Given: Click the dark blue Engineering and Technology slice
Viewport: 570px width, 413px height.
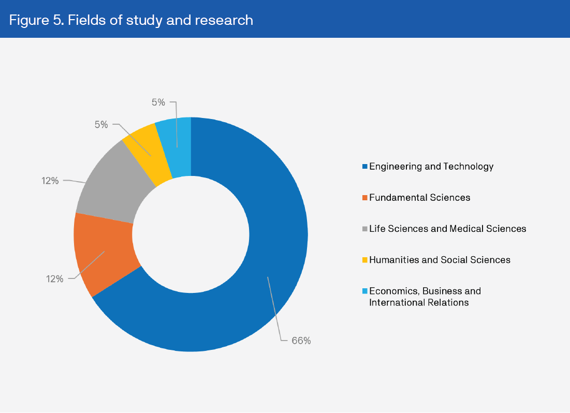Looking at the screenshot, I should point(269,233).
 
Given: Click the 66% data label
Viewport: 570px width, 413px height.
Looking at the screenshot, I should point(301,341).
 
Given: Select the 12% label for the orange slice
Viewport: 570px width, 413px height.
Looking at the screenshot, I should point(54,279).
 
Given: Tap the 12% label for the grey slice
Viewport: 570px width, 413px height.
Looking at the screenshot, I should point(50,181).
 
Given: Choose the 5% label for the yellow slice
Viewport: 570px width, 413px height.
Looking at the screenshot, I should point(101,124).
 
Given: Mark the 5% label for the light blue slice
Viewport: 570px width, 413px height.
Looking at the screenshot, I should point(158,102).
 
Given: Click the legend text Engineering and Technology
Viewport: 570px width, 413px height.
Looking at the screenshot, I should point(431,167).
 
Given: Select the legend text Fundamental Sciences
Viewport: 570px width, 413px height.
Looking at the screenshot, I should point(419,198).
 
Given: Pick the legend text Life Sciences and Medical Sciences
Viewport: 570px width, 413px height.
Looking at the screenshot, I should point(447,229).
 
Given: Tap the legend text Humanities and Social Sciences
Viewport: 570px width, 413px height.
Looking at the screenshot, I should point(440,260).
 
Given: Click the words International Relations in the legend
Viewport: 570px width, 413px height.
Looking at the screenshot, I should point(419,302).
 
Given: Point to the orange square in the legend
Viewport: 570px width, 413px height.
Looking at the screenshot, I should point(364,198).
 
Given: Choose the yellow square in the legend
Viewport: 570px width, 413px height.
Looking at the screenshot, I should point(364,260).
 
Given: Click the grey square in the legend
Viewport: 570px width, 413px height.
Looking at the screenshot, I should point(364,229).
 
